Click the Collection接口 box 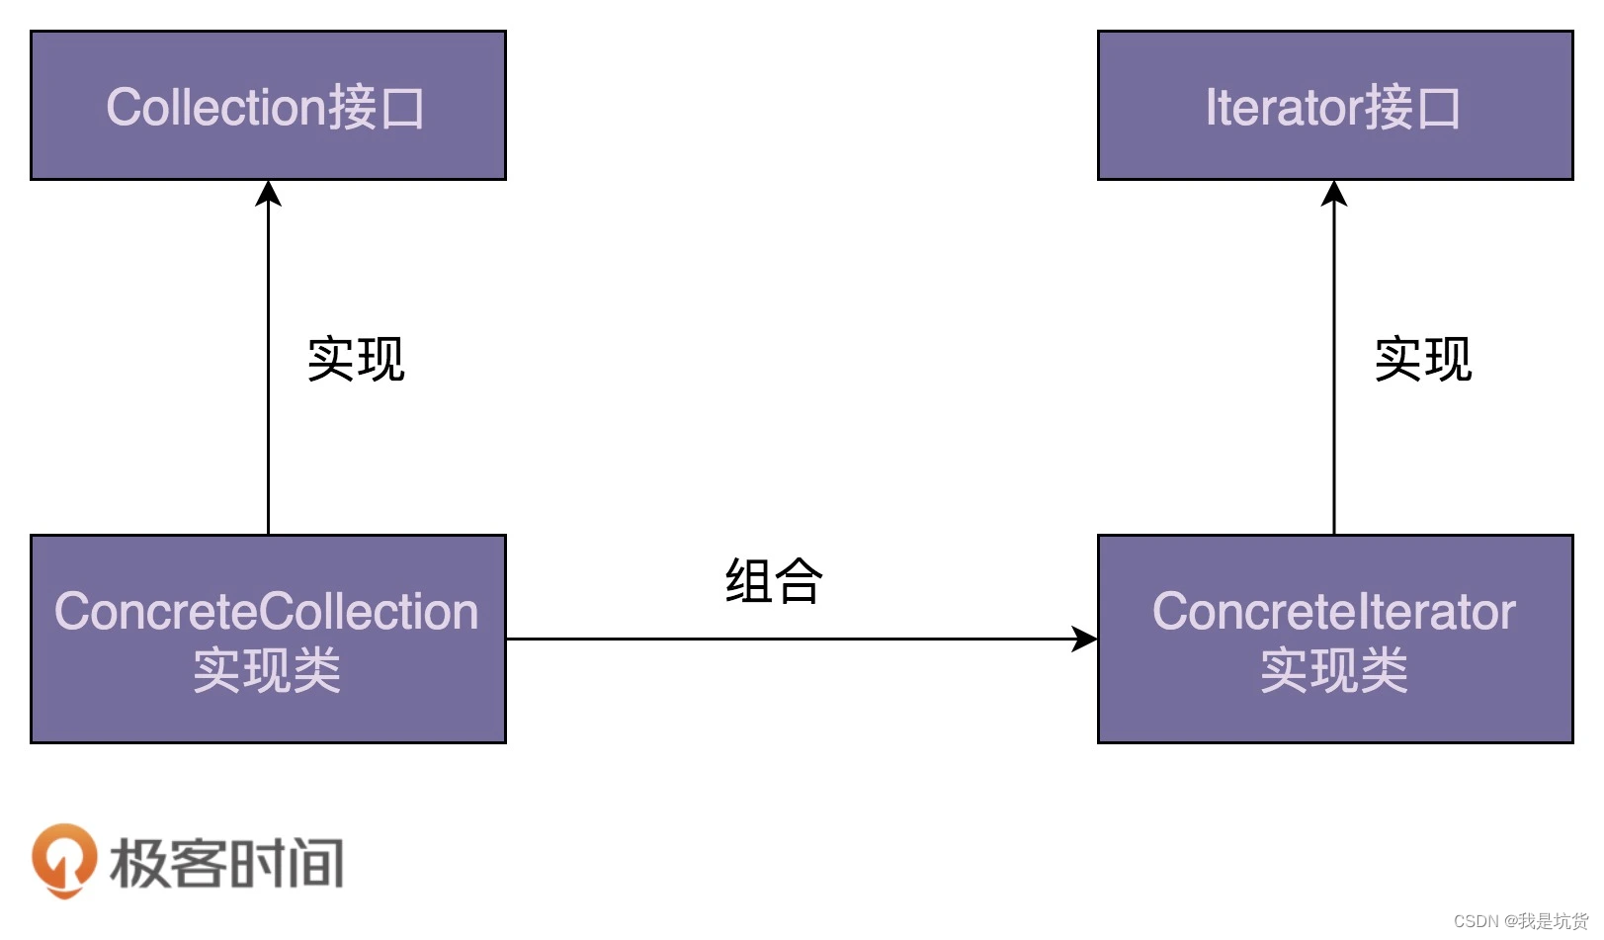(x=268, y=106)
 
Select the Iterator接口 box (x=1334, y=106)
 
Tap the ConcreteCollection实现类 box (x=268, y=639)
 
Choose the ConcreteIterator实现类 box (x=1334, y=639)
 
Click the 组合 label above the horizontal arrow (x=774, y=581)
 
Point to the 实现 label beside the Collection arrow (x=356, y=359)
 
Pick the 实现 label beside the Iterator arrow (x=1423, y=359)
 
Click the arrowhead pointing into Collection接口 (x=268, y=193)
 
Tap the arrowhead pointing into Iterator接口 (x=1334, y=193)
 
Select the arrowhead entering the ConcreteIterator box (x=1085, y=639)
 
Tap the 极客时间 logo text (x=227, y=863)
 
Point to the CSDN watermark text (x=1520, y=921)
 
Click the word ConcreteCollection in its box (x=267, y=612)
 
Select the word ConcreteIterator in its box (x=1333, y=612)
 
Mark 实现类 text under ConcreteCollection (x=267, y=671)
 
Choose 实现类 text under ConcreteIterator (x=1333, y=671)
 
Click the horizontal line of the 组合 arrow (x=791, y=639)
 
